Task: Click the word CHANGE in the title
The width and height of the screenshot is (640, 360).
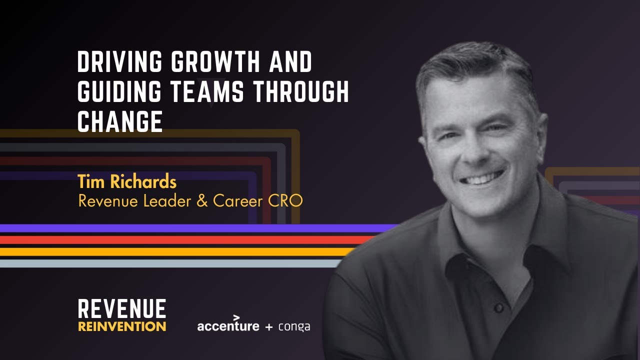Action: click(x=120, y=122)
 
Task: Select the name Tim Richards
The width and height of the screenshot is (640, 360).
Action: click(x=127, y=182)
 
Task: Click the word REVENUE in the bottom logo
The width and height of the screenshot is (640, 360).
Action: click(x=122, y=309)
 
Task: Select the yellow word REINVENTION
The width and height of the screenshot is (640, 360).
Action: click(x=122, y=327)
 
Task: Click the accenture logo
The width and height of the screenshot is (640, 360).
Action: click(x=228, y=326)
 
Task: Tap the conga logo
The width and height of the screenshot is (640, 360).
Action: click(x=294, y=327)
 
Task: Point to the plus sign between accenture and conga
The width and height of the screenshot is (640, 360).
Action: click(x=269, y=327)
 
